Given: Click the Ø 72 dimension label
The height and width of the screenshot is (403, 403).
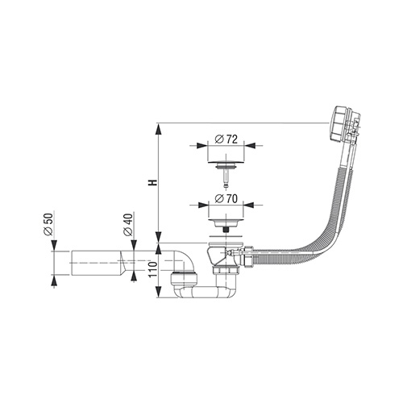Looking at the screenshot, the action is (226, 139).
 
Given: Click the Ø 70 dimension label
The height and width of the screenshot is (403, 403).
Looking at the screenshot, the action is (226, 199).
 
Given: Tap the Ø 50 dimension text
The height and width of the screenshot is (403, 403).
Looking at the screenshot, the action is (48, 224).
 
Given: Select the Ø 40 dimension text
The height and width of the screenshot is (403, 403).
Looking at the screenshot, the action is (128, 225).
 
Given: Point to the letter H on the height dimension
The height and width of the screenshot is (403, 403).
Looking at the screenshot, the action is (153, 183).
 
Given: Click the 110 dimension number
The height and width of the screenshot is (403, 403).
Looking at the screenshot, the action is (152, 269).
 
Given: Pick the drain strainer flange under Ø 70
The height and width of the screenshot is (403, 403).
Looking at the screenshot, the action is (226, 223).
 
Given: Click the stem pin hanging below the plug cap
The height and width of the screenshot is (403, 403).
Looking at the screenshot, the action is (226, 177).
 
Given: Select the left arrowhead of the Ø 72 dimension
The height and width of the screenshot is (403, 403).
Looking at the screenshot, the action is (202, 146).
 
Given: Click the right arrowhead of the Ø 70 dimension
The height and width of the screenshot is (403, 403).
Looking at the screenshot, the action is (249, 205).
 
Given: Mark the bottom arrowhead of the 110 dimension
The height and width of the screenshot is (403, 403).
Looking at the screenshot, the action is (159, 292).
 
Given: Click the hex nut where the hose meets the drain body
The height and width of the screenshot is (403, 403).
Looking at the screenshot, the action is (247, 256).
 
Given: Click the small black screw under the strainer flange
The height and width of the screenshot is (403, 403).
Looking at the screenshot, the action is (226, 230).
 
